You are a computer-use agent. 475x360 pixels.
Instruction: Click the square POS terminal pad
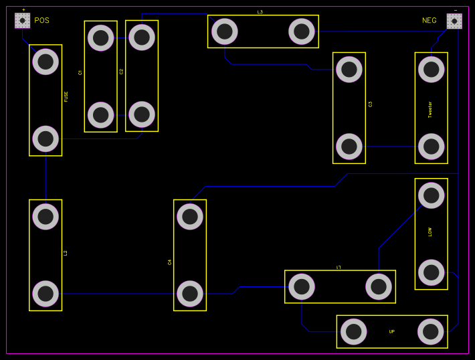(23, 21)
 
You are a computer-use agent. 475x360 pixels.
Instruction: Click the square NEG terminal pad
(454, 21)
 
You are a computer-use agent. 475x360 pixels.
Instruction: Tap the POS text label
(41, 21)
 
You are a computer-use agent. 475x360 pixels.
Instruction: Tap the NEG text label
(429, 21)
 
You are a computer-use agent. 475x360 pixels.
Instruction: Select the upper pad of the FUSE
(45, 62)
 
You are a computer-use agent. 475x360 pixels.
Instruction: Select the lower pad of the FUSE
(45, 139)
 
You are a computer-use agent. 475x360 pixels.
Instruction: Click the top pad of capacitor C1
(100, 37)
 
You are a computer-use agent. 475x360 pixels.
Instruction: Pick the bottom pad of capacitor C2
(142, 114)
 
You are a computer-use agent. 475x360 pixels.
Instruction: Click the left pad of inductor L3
(225, 31)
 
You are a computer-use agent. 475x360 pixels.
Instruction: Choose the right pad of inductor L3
(302, 31)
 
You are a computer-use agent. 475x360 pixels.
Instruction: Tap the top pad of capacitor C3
(349, 69)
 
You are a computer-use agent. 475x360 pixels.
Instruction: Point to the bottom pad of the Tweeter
(432, 146)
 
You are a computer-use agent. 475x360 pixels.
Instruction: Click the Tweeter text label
(430, 109)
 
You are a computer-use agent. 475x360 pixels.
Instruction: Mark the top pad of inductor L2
(45, 216)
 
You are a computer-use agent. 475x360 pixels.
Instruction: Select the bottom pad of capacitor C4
(190, 293)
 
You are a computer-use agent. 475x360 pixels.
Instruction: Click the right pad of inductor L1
(379, 287)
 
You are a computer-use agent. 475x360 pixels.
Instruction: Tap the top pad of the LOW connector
(432, 196)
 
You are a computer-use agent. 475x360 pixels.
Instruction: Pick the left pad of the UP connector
(354, 331)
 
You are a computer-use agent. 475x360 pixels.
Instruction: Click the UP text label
(392, 331)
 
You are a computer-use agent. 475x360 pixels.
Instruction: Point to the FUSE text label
(66, 97)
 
